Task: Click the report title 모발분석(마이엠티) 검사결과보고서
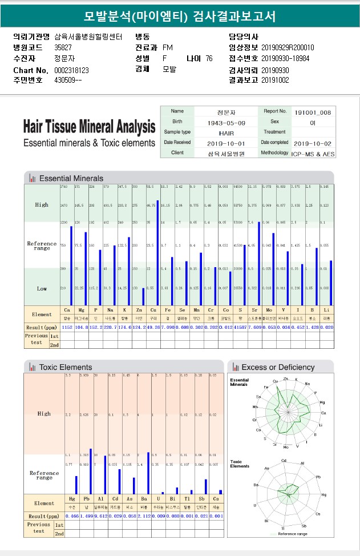(180, 16)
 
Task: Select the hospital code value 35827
(63, 47)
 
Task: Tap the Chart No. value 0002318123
(72, 70)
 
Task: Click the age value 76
(209, 58)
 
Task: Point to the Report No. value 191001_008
(313, 112)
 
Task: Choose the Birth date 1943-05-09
(226, 123)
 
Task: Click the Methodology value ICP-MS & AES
(313, 154)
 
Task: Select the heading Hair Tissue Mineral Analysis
(89, 126)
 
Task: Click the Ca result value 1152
(67, 327)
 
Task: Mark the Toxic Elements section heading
(66, 367)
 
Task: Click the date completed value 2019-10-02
(313, 143)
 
